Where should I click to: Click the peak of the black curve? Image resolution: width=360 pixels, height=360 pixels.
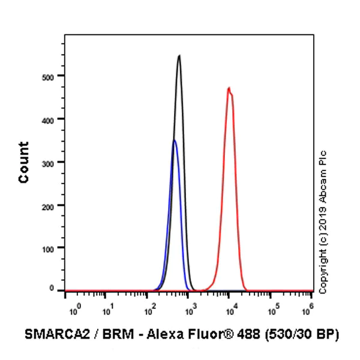click(x=179, y=56)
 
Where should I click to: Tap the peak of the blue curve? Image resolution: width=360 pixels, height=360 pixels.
click(x=174, y=140)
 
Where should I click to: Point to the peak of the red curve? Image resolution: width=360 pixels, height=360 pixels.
click(x=229, y=88)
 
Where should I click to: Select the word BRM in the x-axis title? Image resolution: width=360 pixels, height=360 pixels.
click(x=109, y=334)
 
